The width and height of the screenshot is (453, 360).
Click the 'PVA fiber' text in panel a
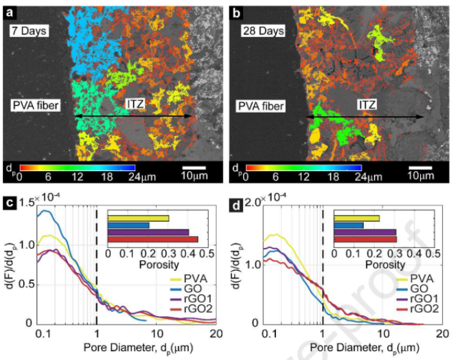point(34,105)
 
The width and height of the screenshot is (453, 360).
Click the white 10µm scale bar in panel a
point(194,167)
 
